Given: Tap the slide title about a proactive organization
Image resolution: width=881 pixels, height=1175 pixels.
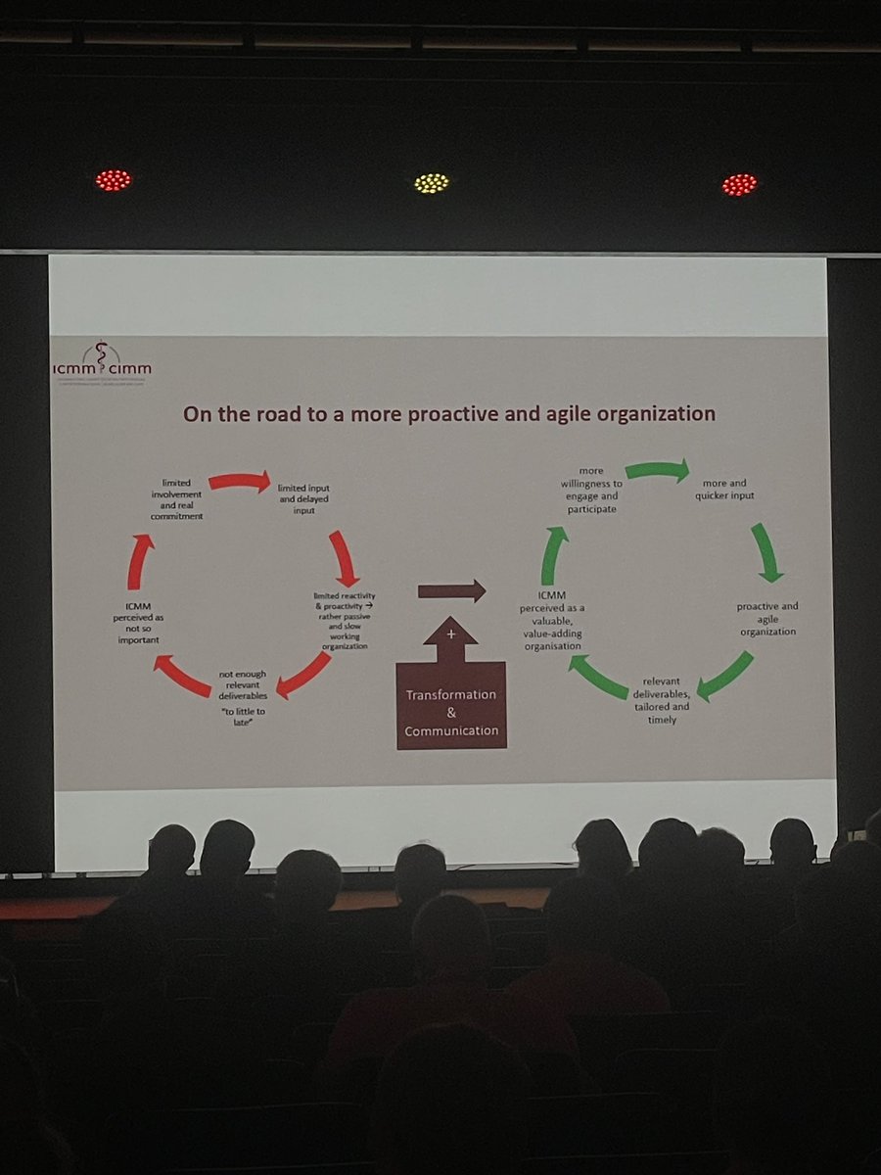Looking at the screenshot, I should (449, 414).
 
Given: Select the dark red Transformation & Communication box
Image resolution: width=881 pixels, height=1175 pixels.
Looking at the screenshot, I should (451, 705).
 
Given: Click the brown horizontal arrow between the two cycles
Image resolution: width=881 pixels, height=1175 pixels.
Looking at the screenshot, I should (451, 590).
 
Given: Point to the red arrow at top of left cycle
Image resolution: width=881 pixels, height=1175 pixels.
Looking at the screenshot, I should (239, 481).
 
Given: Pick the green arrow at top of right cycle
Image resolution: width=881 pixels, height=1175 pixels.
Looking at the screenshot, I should (657, 471).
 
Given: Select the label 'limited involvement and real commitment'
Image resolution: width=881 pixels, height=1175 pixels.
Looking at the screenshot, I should (182, 498).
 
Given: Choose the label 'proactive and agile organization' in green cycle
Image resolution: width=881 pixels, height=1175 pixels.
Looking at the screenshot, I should (767, 619).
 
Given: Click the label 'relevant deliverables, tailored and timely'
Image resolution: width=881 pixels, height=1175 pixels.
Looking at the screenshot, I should (667, 700).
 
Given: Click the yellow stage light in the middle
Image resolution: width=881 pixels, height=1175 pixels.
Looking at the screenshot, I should (431, 183).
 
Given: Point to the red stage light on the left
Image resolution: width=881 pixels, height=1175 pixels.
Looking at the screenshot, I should (113, 181).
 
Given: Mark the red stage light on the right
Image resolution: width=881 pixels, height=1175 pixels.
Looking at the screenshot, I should (739, 184).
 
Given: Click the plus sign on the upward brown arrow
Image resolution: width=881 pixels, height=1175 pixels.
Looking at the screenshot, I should (450, 634).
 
